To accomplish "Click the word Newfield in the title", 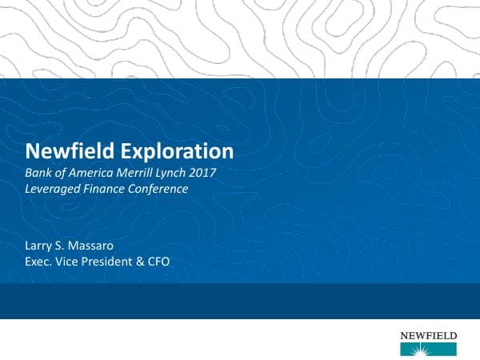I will (x=64, y=151).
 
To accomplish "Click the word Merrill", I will (x=140, y=173).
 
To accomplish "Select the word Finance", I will (x=114, y=190).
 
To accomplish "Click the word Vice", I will (x=74, y=262).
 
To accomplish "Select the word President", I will (x=116, y=262).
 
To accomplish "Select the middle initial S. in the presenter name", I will (x=68, y=244).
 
